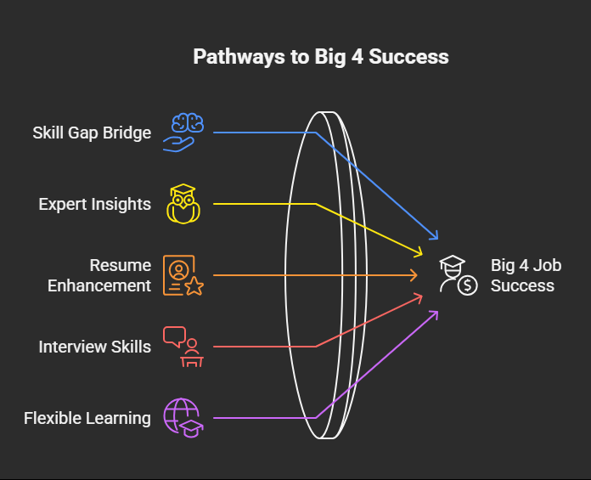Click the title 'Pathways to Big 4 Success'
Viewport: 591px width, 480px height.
click(x=320, y=57)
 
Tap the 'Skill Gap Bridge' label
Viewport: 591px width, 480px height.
click(x=92, y=133)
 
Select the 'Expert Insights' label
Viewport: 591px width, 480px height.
click(x=94, y=204)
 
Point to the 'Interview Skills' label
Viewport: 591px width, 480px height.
click(x=94, y=347)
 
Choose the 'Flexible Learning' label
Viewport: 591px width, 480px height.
click(x=87, y=418)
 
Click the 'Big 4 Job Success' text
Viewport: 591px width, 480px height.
click(x=526, y=275)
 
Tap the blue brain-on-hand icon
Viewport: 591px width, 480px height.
click(x=181, y=133)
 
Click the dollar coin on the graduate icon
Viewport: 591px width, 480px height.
click(x=467, y=285)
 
